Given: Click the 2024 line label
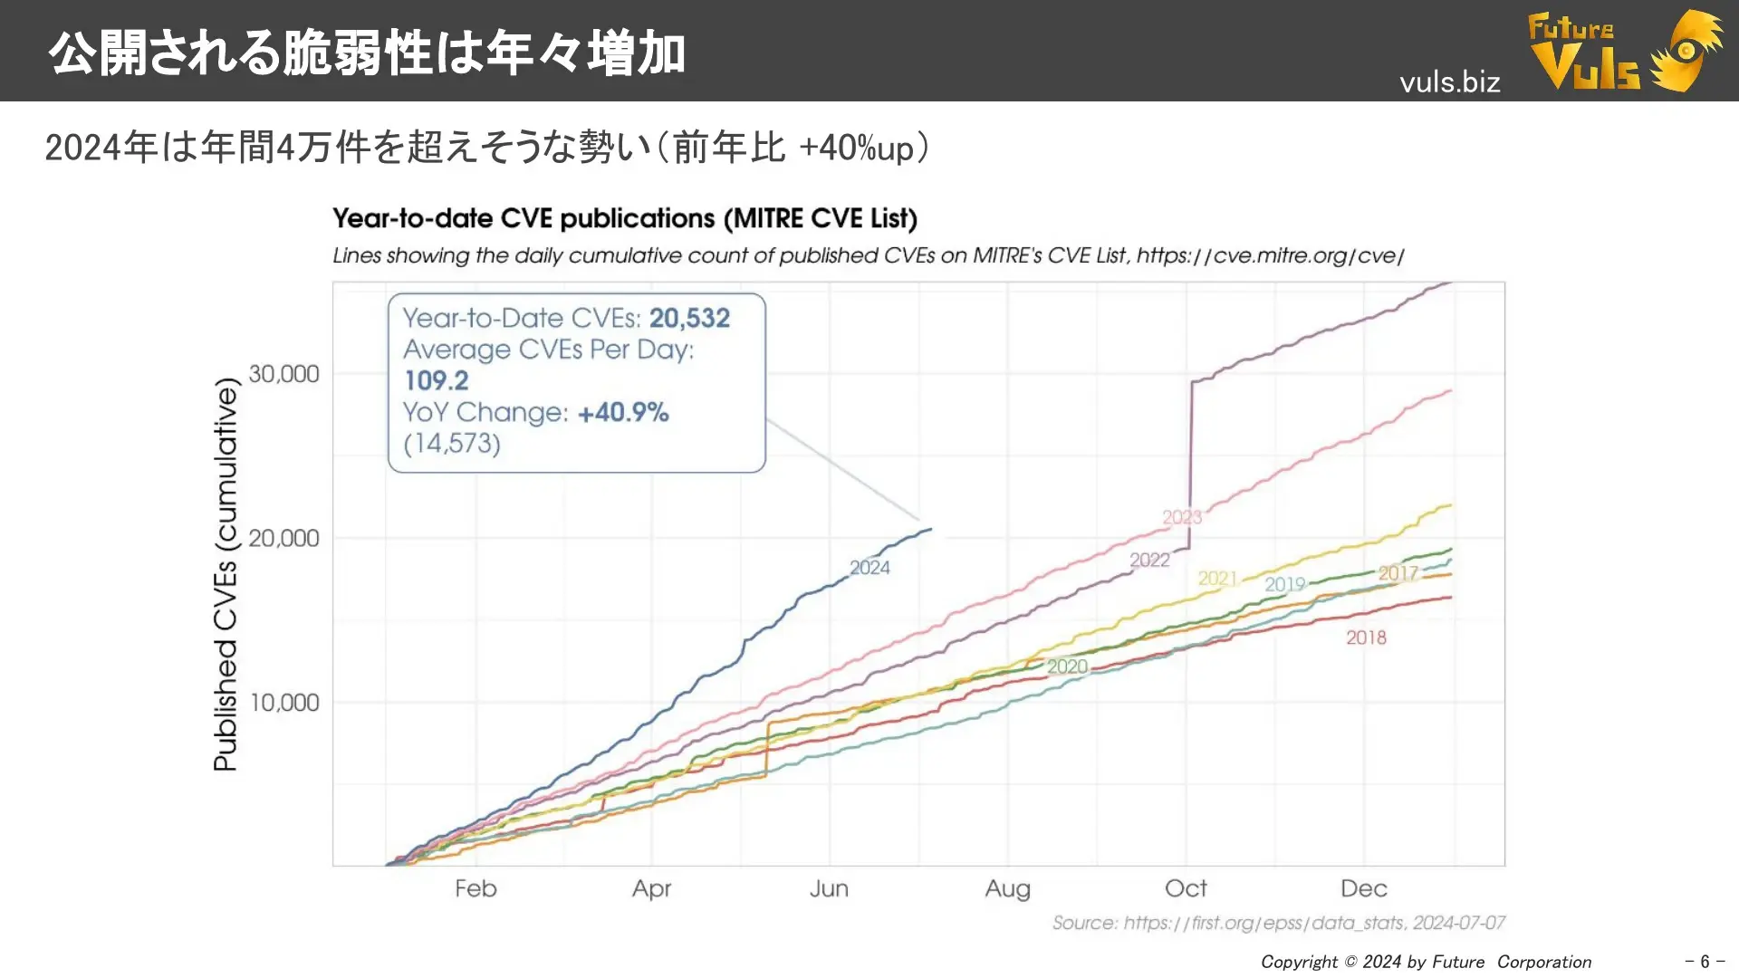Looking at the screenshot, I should click(x=869, y=568).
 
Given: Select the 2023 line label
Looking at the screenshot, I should click(x=1182, y=517).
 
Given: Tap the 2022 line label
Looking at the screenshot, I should click(x=1149, y=560).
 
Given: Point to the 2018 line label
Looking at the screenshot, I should click(x=1366, y=638).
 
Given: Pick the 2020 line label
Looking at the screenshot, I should click(x=1067, y=666).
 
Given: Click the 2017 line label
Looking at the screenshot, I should click(x=1398, y=573).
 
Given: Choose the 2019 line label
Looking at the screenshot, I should click(x=1284, y=584).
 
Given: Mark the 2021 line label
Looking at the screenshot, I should click(x=1217, y=578).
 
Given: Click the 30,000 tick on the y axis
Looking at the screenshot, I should click(x=283, y=374).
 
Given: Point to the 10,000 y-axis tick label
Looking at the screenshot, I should click(x=283, y=703).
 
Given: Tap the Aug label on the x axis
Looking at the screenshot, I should click(x=1007, y=888).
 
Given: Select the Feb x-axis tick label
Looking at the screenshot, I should click(x=476, y=888).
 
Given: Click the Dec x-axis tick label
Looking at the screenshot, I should click(x=1363, y=888).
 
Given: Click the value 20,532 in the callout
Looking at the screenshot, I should click(x=689, y=318).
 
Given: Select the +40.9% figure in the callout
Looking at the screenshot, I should click(x=623, y=412).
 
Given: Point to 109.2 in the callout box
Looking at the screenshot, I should click(x=436, y=380).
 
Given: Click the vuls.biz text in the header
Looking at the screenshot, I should click(x=1449, y=82).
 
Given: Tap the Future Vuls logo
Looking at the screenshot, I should click(x=1625, y=51).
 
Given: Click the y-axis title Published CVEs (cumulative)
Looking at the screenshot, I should click(x=226, y=574).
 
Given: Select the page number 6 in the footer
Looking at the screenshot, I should click(x=1704, y=962).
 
